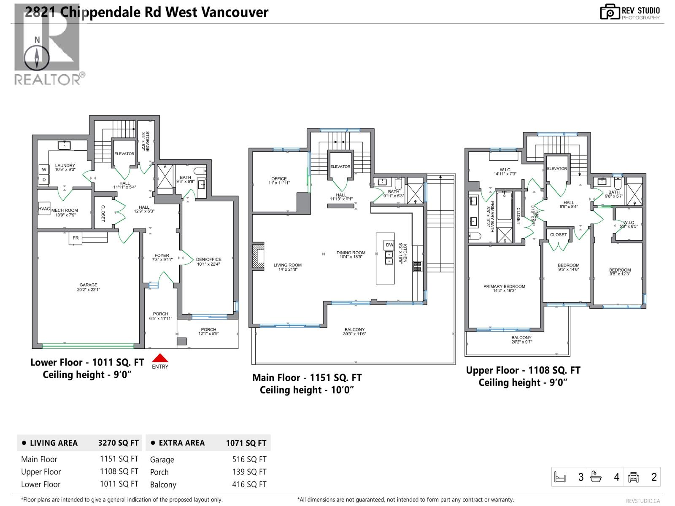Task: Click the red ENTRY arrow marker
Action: pyautogui.click(x=160, y=358)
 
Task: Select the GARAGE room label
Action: pyautogui.click(x=89, y=285)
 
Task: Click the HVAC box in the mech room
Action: pyautogui.click(x=44, y=209)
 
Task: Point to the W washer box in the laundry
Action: pyautogui.click(x=44, y=170)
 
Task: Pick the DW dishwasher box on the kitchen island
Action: pyautogui.click(x=389, y=245)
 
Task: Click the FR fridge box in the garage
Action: pyautogui.click(x=76, y=238)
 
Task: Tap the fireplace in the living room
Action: pyautogui.click(x=258, y=255)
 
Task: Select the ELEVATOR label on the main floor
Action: pyautogui.click(x=340, y=167)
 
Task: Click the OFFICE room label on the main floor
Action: pyautogui.click(x=279, y=179)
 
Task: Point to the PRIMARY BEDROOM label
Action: pyautogui.click(x=504, y=287)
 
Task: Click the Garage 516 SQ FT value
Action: pyautogui.click(x=249, y=460)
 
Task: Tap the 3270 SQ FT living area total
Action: pyautogui.click(x=118, y=443)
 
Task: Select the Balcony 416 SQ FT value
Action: pyautogui.click(x=249, y=484)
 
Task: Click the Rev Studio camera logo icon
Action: pyautogui.click(x=610, y=12)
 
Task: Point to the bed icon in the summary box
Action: pyautogui.click(x=560, y=477)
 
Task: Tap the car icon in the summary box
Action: pyautogui.click(x=633, y=477)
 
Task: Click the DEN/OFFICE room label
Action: pyautogui.click(x=208, y=260)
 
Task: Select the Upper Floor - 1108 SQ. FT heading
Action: pyautogui.click(x=523, y=371)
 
